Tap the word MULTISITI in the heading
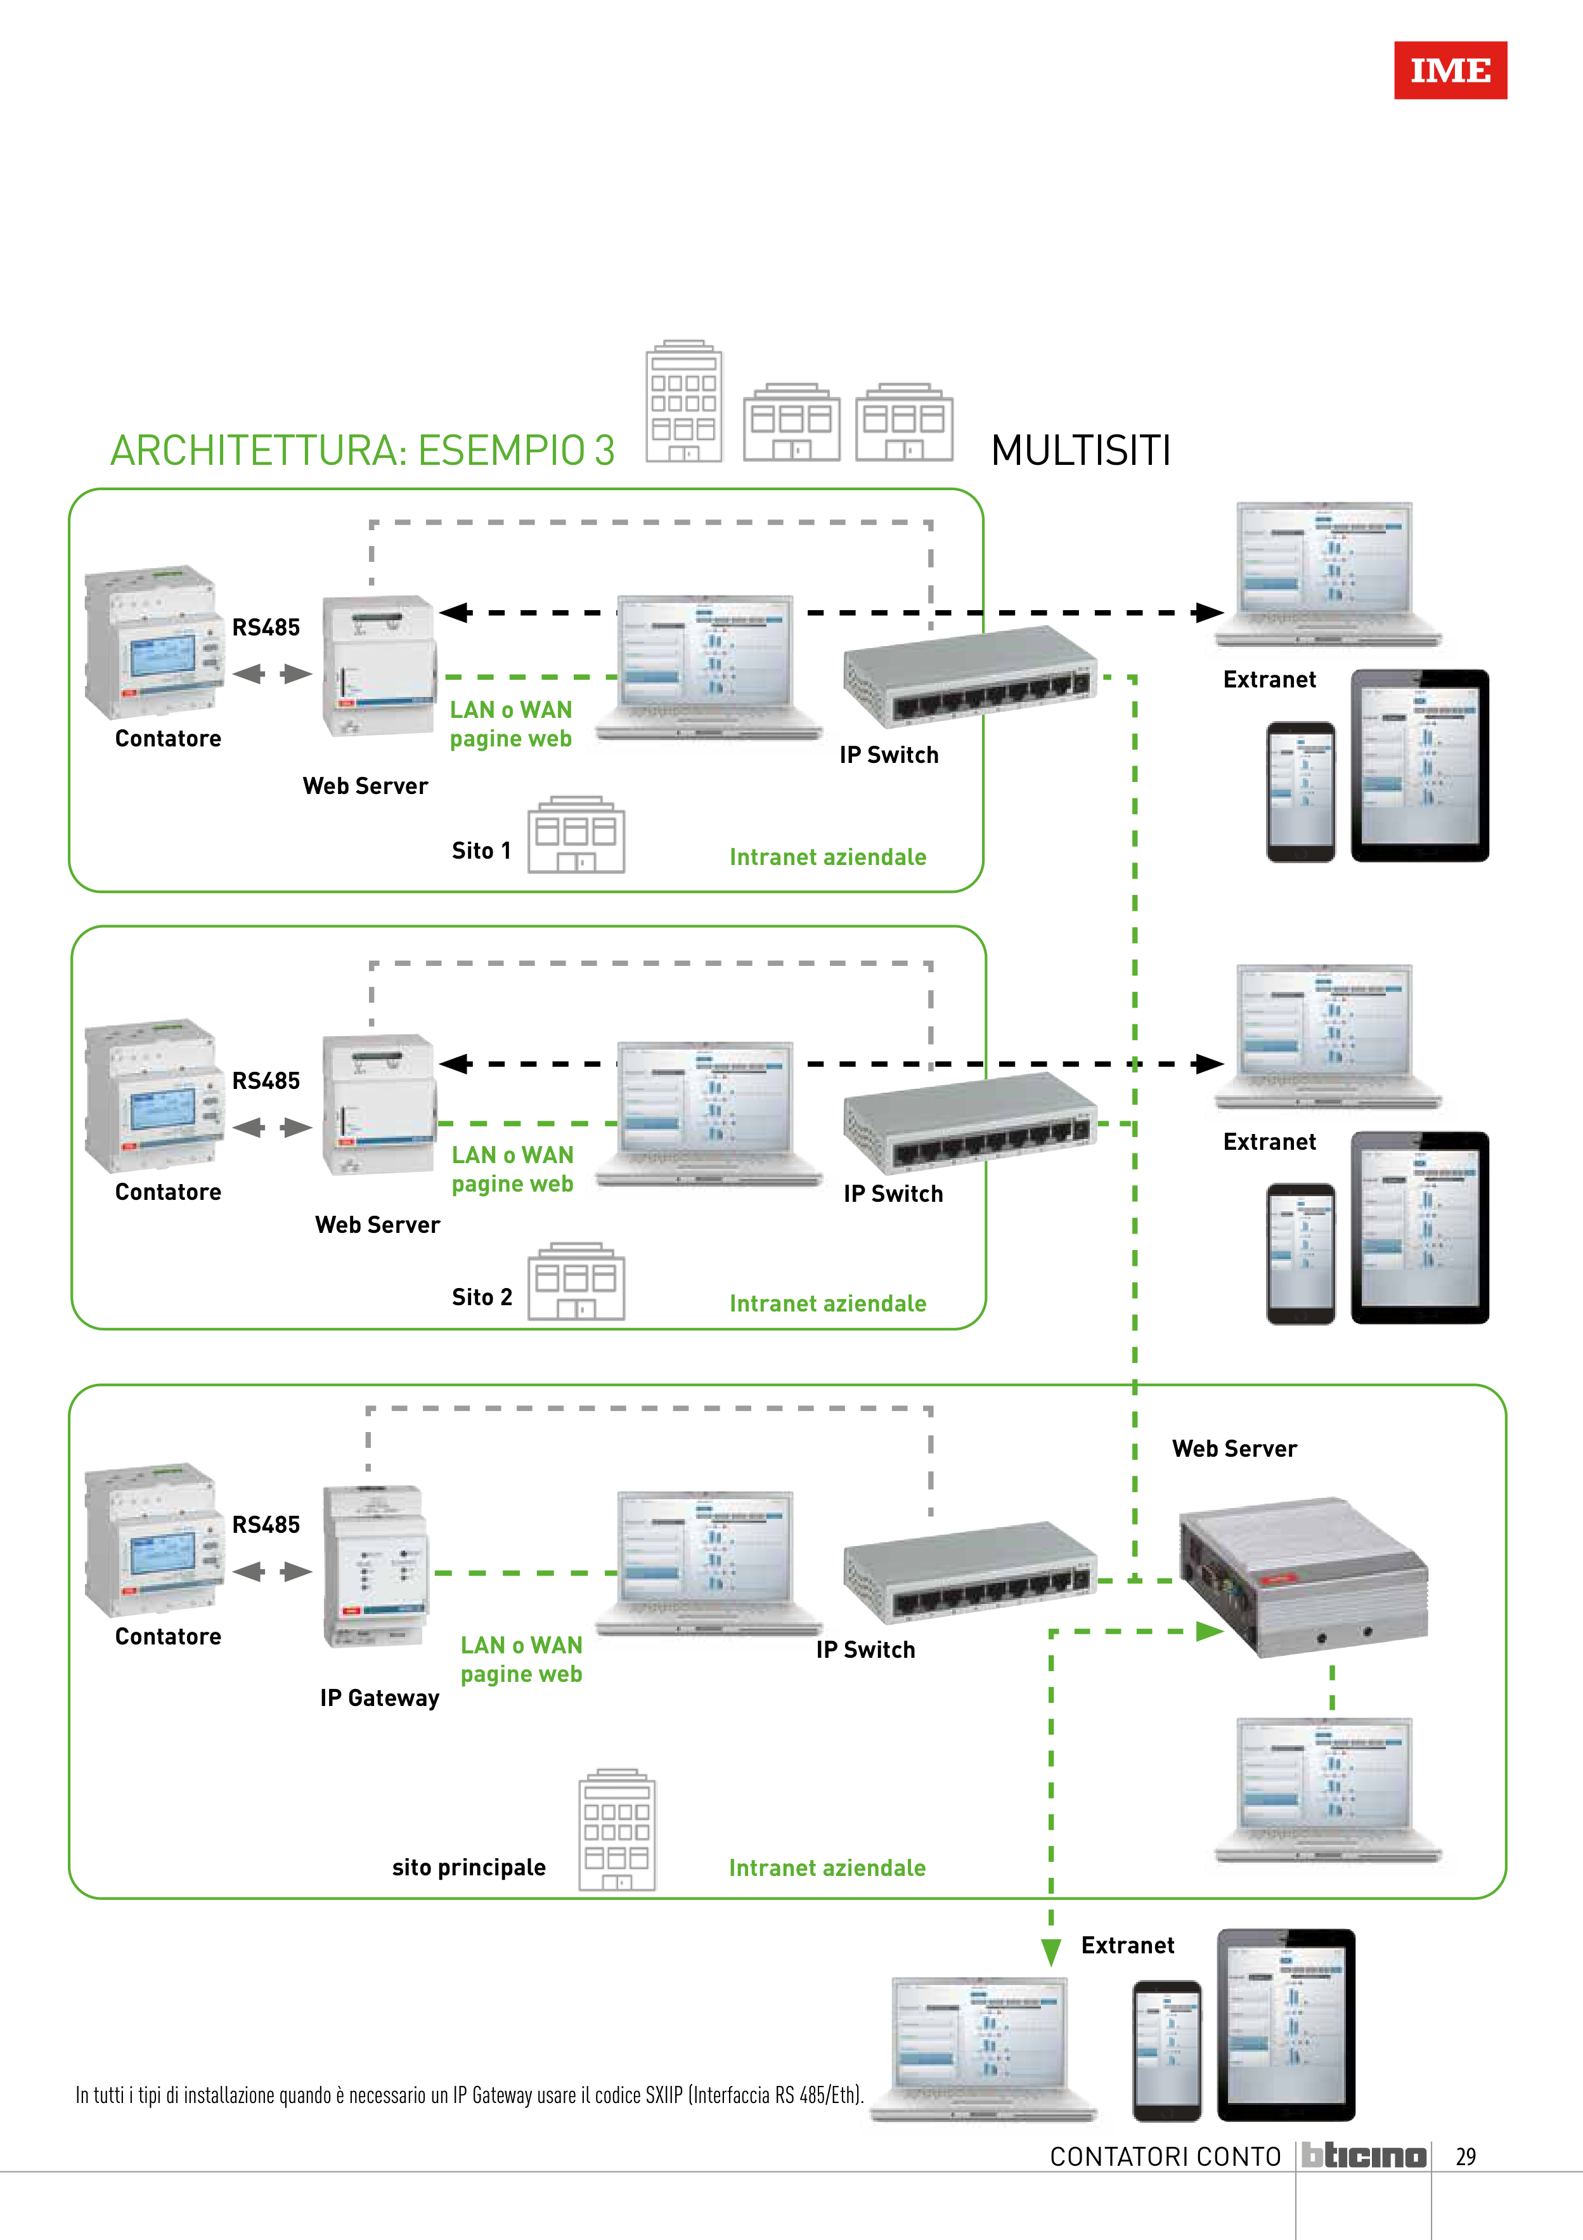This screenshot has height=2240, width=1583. [1081, 451]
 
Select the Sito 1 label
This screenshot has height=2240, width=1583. [481, 850]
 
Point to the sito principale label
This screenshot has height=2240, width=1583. [468, 1867]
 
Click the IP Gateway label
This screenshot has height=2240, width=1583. [379, 1698]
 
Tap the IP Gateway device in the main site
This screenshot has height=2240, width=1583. [375, 1566]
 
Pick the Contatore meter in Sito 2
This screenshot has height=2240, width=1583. [154, 1098]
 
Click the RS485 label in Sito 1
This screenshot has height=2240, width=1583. [265, 627]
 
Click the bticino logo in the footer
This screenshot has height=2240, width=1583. [1364, 2156]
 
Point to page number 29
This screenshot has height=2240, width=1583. [1465, 2157]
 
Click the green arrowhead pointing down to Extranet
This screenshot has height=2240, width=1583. [1050, 1952]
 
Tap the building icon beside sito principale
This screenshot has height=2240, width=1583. [616, 1830]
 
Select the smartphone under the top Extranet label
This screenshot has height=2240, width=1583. [1300, 791]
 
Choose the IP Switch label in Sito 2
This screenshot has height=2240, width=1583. [893, 1194]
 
